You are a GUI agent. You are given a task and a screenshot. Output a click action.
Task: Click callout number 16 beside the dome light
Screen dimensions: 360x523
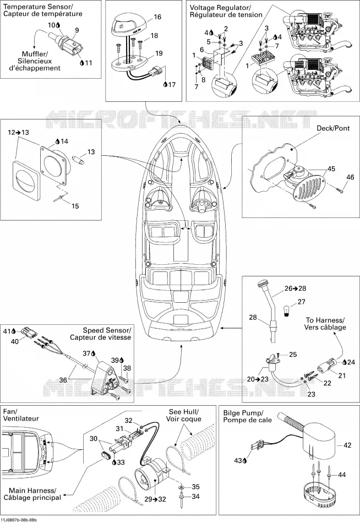pyautogui.click(x=157, y=17)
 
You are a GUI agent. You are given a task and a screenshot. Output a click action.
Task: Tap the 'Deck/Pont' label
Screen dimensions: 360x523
pyautogui.click(x=333, y=128)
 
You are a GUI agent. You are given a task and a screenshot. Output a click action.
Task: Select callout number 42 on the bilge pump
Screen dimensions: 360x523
pyautogui.click(x=347, y=445)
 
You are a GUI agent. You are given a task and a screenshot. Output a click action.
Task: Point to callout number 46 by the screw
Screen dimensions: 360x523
pyautogui.click(x=350, y=177)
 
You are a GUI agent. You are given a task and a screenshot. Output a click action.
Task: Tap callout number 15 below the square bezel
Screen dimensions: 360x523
pyautogui.click(x=75, y=206)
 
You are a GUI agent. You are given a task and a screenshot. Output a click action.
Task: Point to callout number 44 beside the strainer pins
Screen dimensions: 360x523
pyautogui.click(x=342, y=475)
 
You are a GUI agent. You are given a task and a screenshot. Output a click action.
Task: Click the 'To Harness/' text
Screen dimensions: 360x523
pyautogui.click(x=325, y=320)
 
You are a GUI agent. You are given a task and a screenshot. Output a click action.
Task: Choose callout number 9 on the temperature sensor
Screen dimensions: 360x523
pyautogui.click(x=77, y=30)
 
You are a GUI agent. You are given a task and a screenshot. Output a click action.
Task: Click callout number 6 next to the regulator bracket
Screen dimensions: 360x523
pyautogui.click(x=202, y=50)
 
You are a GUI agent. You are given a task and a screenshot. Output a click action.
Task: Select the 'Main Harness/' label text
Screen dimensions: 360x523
pyautogui.click(x=32, y=491)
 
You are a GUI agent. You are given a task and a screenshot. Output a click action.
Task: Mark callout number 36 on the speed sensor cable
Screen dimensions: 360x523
pyautogui.click(x=63, y=379)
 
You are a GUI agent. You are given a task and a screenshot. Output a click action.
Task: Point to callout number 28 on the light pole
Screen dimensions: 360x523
pyautogui.click(x=253, y=317)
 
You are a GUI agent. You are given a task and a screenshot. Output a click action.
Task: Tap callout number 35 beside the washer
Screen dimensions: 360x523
pyautogui.click(x=195, y=487)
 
